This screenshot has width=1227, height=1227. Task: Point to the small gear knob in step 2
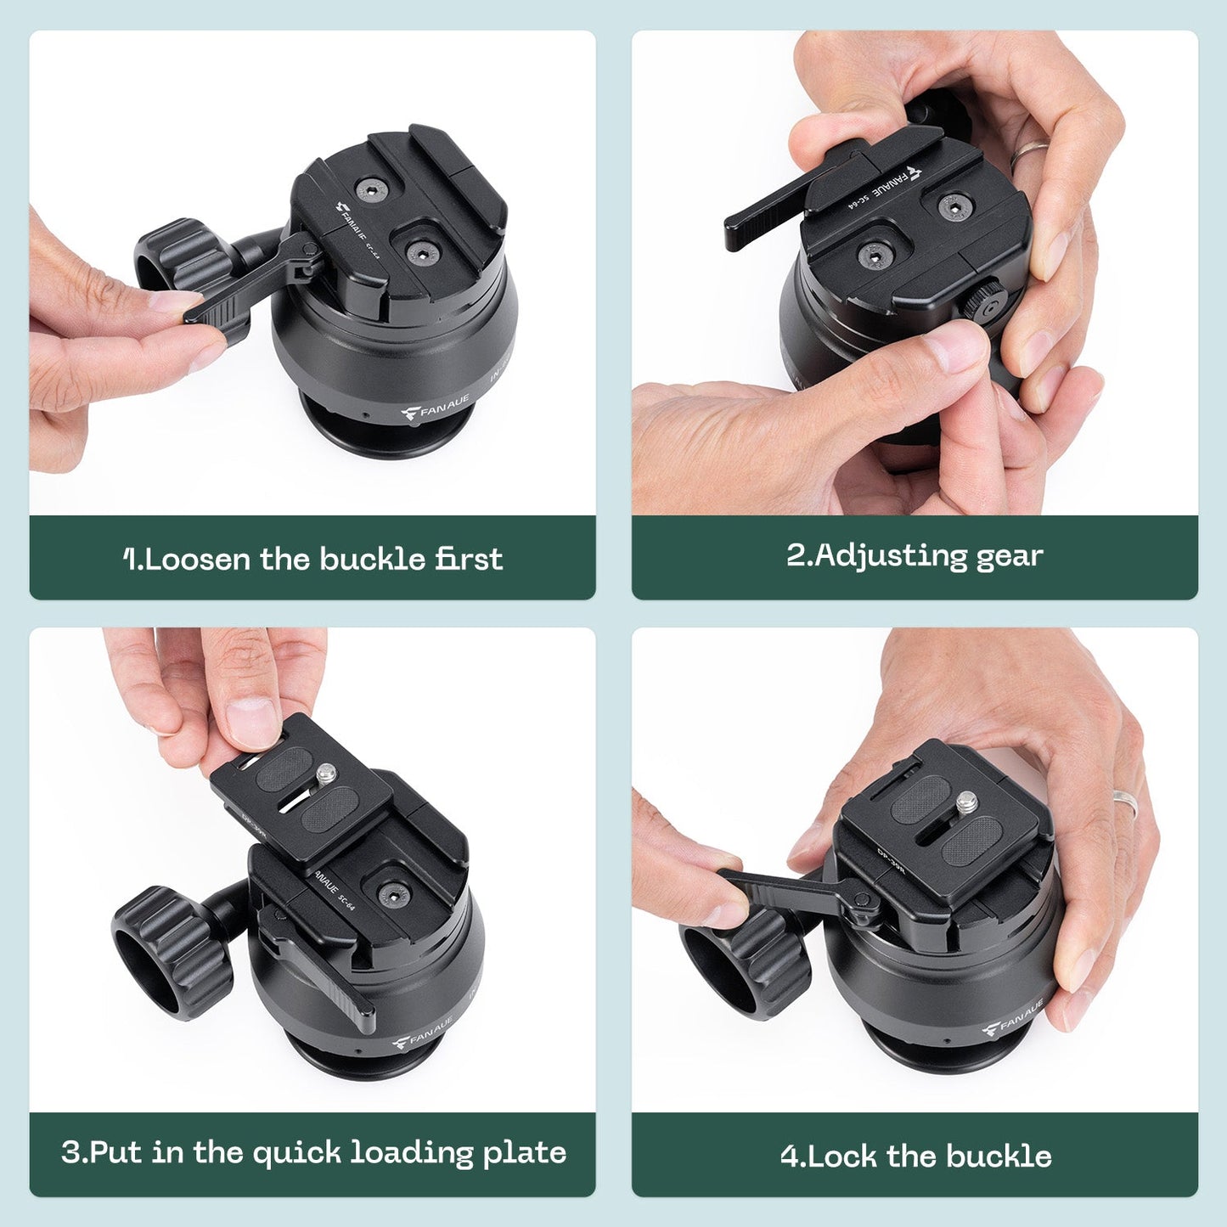(x=986, y=302)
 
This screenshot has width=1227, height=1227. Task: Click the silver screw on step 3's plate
(x=327, y=773)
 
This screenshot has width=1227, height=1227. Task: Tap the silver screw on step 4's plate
(x=966, y=800)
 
